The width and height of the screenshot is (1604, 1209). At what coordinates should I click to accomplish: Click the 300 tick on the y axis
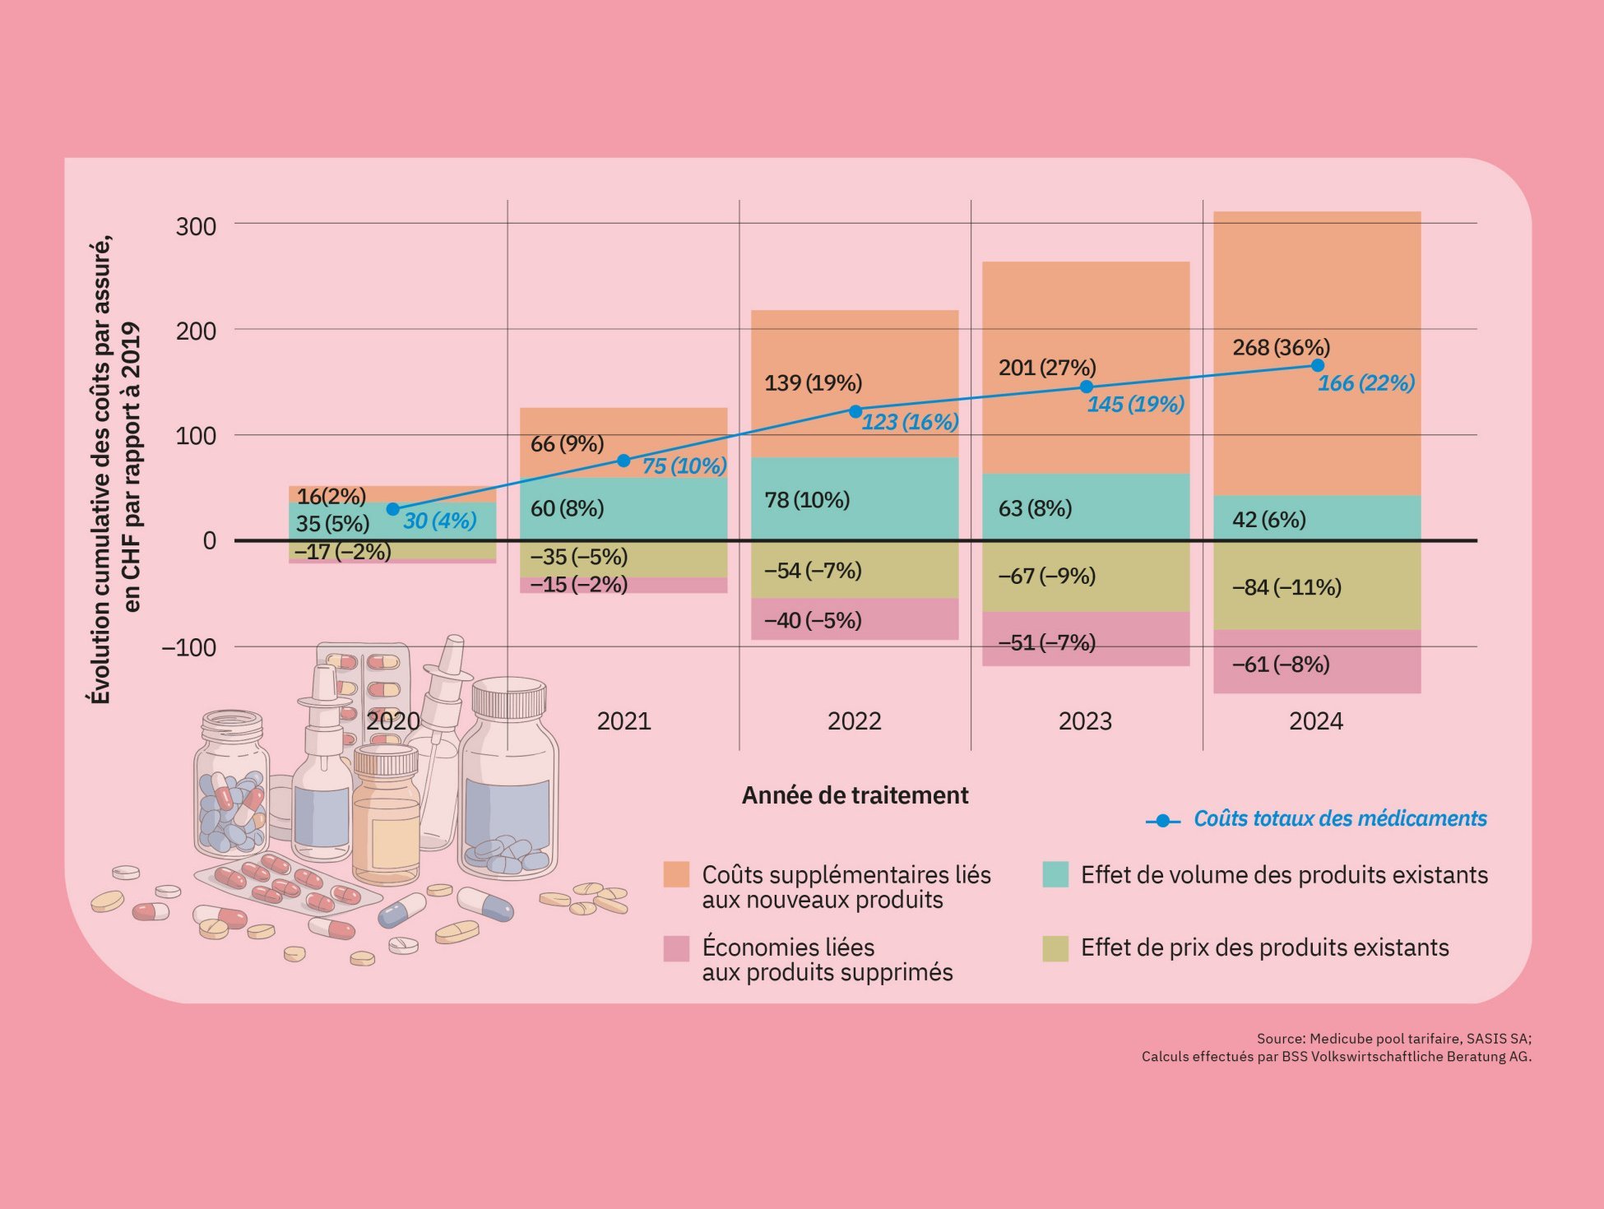point(196,226)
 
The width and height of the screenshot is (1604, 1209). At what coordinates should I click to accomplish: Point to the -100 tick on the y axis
point(188,647)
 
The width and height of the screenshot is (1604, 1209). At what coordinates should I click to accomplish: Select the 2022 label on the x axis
point(854,721)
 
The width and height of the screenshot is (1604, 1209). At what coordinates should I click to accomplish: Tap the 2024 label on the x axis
point(1315,721)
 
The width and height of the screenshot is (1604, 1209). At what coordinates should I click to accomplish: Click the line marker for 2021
point(624,461)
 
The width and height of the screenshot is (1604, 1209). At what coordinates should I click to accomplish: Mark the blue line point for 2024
point(1317,365)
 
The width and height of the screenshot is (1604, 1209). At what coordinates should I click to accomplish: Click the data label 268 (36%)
point(1281,347)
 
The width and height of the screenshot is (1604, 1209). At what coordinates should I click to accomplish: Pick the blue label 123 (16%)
point(910,422)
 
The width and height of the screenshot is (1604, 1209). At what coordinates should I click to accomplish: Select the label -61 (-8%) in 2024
point(1281,664)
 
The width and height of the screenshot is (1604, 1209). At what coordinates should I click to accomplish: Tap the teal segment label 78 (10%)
point(807,500)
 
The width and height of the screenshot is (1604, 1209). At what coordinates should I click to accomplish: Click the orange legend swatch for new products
point(676,874)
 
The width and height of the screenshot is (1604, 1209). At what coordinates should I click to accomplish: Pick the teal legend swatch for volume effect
point(1055,874)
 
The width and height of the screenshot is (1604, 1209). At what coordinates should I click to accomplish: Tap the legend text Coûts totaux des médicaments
point(1340,818)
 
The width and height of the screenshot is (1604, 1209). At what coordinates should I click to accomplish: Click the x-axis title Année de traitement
point(855,795)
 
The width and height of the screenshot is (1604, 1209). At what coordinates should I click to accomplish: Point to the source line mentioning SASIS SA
point(1393,1039)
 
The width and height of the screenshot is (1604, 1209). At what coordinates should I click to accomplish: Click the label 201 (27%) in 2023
point(1047,368)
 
